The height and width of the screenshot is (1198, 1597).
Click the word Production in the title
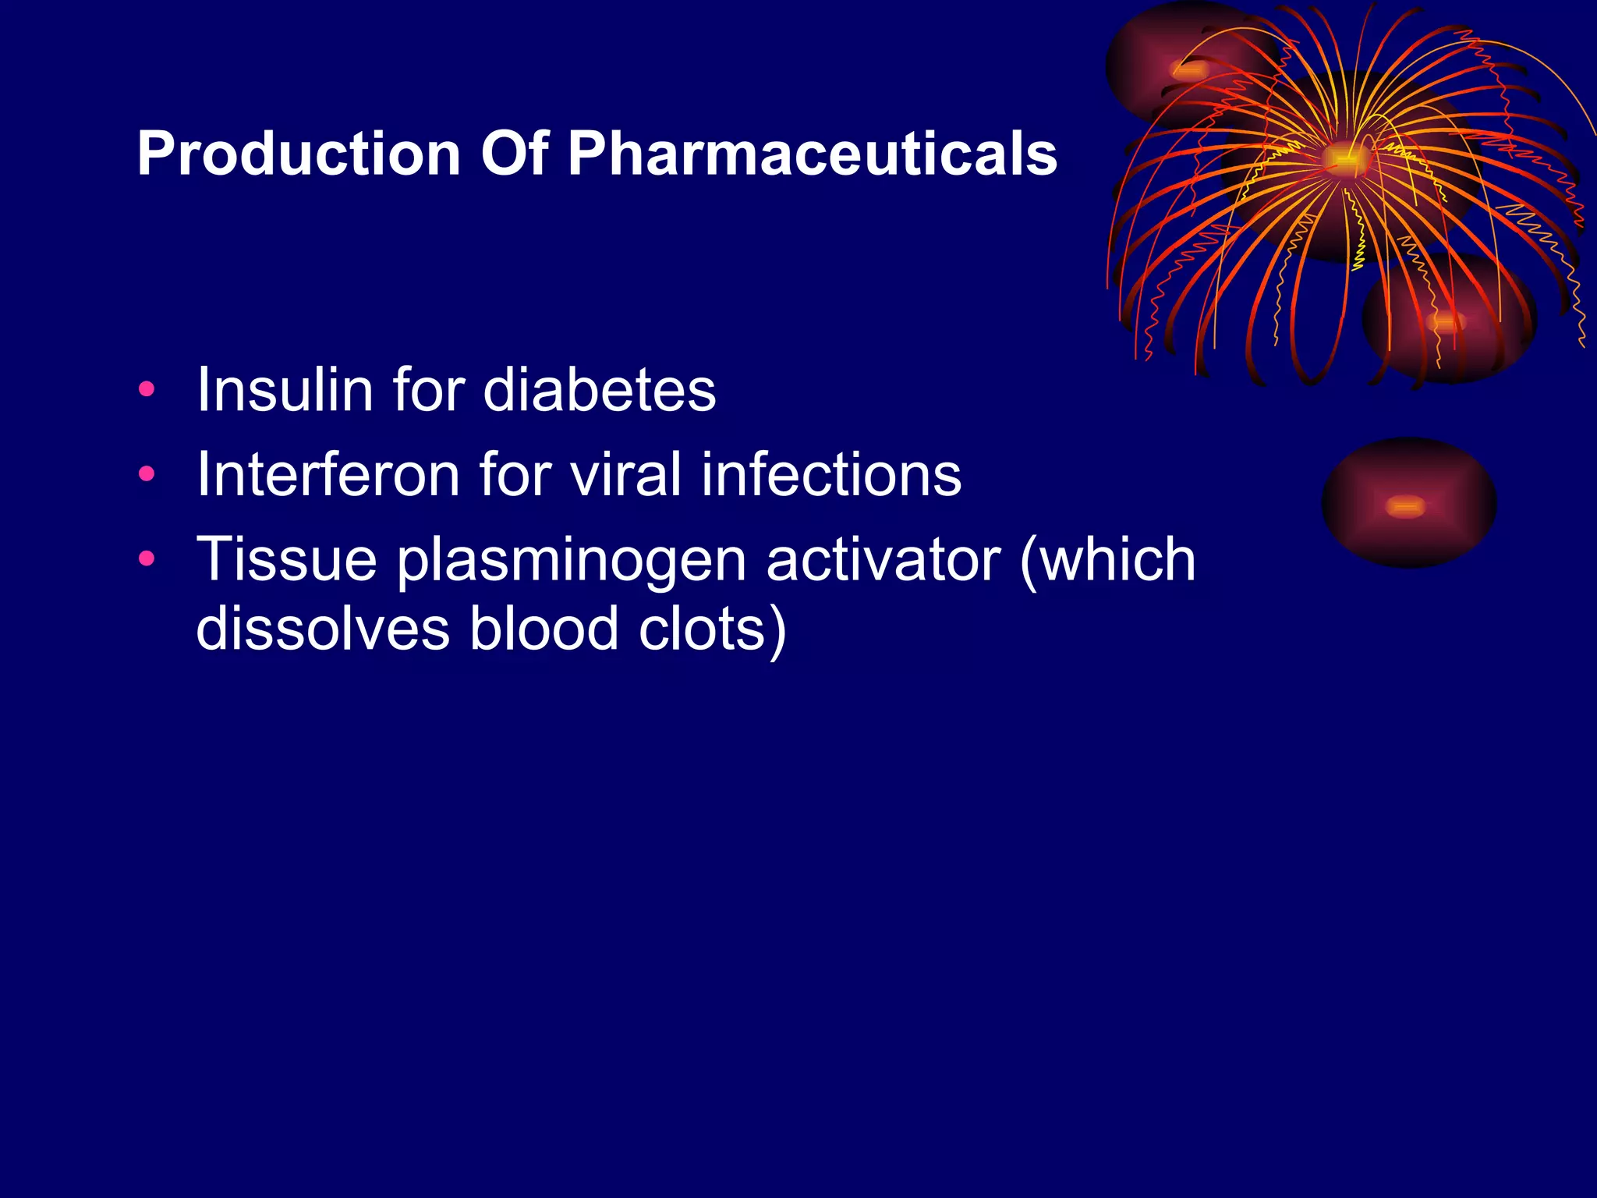[x=299, y=154]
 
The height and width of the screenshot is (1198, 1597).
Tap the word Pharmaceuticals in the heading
[x=812, y=154]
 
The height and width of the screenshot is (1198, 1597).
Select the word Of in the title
[x=514, y=154]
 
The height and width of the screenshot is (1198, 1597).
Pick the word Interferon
[x=328, y=474]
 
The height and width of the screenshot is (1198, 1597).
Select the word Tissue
[x=286, y=559]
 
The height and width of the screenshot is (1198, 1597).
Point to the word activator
[x=883, y=559]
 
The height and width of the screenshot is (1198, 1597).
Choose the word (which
[x=1107, y=559]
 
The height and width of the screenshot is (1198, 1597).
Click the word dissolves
[x=322, y=629]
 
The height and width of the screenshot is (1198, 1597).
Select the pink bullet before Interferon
[x=146, y=473]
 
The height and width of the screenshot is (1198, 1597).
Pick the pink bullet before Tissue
[x=146, y=558]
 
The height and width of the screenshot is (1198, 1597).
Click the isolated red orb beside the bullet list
[x=1408, y=503]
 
